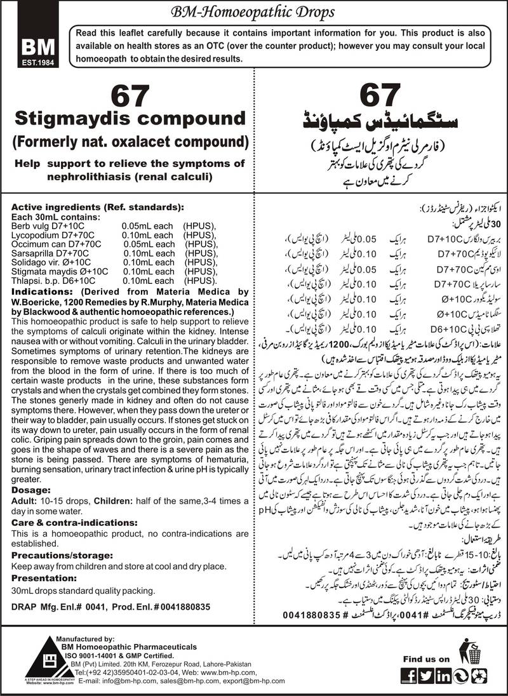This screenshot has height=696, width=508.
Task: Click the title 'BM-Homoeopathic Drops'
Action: point(253,12)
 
